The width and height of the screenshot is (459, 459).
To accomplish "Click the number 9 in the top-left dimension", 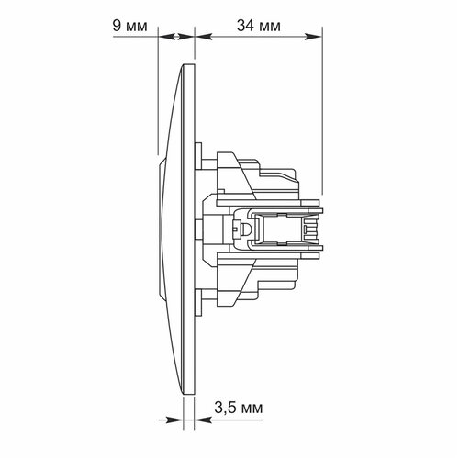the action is [x=117, y=26].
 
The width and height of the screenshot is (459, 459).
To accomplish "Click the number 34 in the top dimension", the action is [x=245, y=26].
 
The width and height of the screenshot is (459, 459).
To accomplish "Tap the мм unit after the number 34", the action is [x=269, y=28].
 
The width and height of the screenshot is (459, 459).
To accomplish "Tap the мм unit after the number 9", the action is [x=136, y=28].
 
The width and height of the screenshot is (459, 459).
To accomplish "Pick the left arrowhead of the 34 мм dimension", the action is [x=204, y=37].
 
